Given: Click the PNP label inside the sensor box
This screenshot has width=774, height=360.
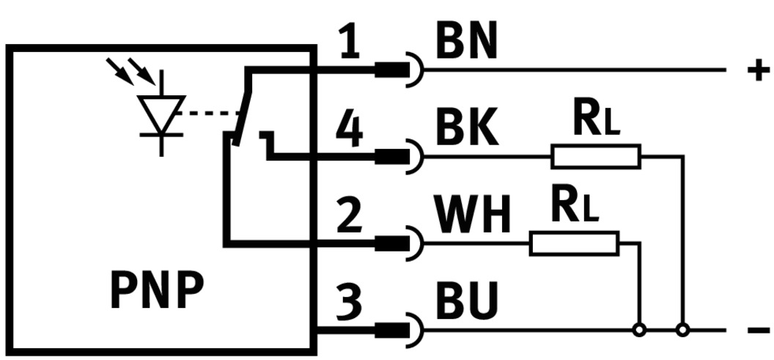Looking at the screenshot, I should click(x=156, y=291).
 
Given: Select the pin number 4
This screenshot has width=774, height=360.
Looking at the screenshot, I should click(x=350, y=132).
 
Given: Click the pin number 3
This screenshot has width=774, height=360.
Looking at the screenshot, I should click(x=351, y=303).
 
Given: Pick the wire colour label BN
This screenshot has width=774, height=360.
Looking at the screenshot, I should click(x=466, y=43).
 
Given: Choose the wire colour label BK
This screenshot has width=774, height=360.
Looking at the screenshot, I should click(x=468, y=131).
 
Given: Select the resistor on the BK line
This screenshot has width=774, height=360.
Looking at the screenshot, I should click(x=596, y=156).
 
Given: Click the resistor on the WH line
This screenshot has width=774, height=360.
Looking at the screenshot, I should click(x=574, y=243).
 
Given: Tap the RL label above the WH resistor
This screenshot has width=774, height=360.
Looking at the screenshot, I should click(x=575, y=208).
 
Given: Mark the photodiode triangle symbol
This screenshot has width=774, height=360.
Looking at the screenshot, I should click(x=161, y=112).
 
